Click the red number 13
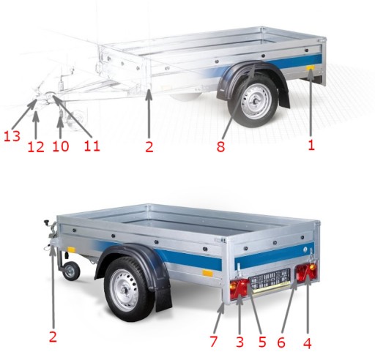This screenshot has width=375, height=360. tap(12, 136)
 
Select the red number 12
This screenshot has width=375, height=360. tap(36, 147)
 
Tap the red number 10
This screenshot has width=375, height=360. tap(61, 146)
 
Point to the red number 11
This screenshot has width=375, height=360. tap(92, 146)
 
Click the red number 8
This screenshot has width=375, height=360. tap(220, 146)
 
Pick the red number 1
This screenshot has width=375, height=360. tap(311, 145)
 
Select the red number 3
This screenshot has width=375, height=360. tap(240, 342)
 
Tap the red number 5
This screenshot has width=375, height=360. tap(262, 342)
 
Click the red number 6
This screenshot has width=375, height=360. tap(281, 342)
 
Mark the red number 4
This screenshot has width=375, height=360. tap(308, 343)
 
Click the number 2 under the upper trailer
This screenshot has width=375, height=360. tap(149, 146)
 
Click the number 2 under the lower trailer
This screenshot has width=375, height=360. tap(53, 337)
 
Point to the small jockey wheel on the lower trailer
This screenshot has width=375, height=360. tap(71, 271)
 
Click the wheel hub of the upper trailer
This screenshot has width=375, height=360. tap(256, 100)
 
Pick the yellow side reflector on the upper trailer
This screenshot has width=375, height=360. tap(311, 67)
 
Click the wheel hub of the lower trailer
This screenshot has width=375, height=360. tap(126, 291)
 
